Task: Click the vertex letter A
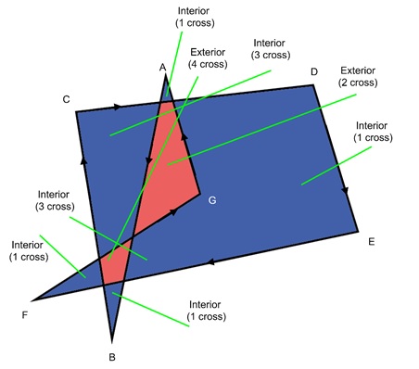pyautogui.click(x=162, y=67)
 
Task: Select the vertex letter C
pyautogui.click(x=66, y=98)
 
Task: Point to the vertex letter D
pyautogui.click(x=314, y=71)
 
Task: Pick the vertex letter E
pyautogui.click(x=371, y=242)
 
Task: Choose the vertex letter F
pyautogui.click(x=24, y=314)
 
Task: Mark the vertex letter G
pyautogui.click(x=212, y=200)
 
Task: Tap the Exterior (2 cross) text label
pyautogui.click(x=357, y=76)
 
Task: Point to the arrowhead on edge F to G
pyautogui.click(x=172, y=214)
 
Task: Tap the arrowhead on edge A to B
pyautogui.click(x=147, y=163)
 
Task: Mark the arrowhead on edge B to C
pyautogui.click(x=83, y=159)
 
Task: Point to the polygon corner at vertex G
pyautogui.click(x=199, y=195)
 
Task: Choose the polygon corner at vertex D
pyautogui.click(x=314, y=85)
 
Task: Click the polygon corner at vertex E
pyautogui.click(x=358, y=232)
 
